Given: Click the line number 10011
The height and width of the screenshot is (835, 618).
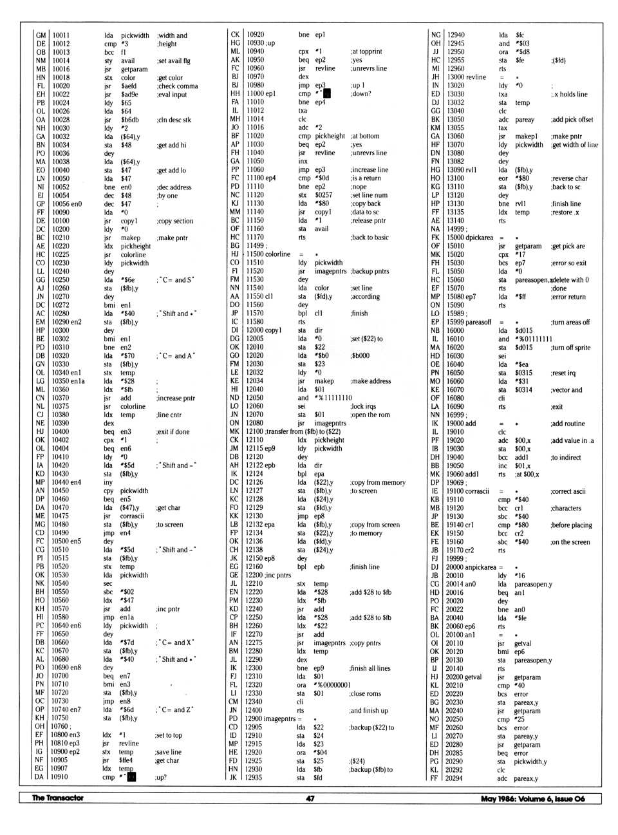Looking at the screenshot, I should click(61, 35).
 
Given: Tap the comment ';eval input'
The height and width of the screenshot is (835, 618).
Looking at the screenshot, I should click(171, 94).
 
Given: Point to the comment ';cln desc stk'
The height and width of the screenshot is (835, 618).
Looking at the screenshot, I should click(173, 120).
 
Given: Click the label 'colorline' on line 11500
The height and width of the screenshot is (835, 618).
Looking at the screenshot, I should click(277, 254).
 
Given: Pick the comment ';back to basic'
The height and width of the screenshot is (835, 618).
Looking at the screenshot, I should click(370, 238).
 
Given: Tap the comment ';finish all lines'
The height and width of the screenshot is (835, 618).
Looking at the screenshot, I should click(370, 668).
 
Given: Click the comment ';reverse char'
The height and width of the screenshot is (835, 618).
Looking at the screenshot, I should click(569, 178).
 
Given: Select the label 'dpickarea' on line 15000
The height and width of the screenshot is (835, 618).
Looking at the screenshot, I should click(479, 238).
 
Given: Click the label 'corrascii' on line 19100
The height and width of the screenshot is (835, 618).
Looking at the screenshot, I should click(477, 491).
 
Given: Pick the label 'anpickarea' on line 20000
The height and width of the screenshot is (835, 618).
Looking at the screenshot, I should click(481, 567).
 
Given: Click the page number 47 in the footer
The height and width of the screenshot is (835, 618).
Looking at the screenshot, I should click(310, 798).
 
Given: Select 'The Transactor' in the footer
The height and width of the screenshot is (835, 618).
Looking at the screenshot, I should click(58, 798).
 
